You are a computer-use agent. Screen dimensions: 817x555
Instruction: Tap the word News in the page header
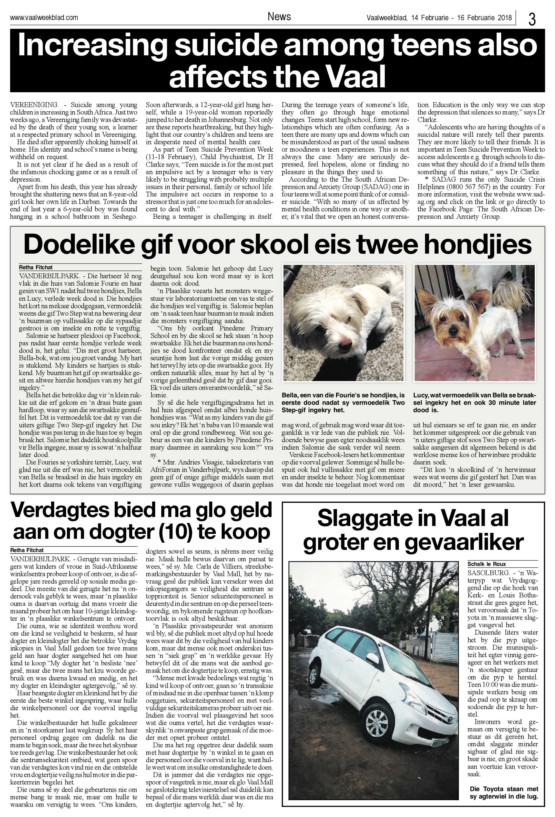tap(279, 16)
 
